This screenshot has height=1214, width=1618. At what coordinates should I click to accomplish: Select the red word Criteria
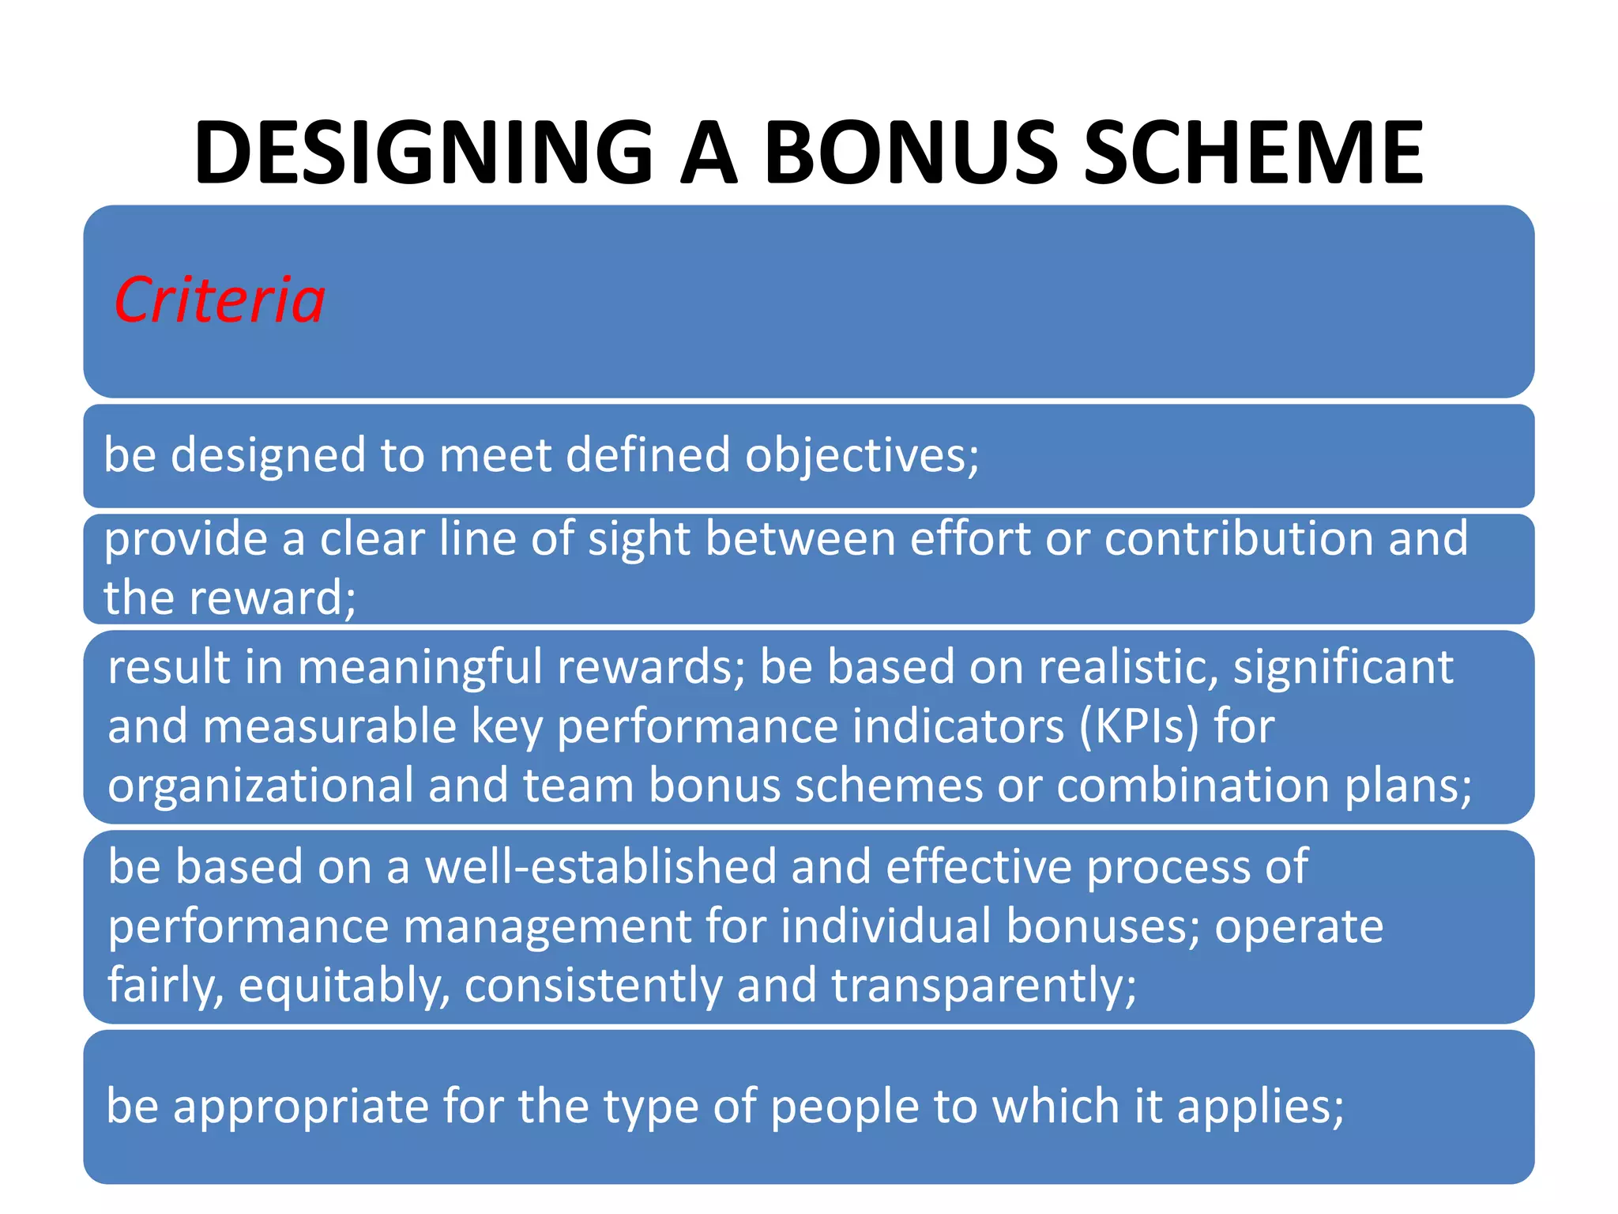click(220, 300)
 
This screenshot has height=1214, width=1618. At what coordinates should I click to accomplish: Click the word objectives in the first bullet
click(861, 456)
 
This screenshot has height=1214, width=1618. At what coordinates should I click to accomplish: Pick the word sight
click(638, 540)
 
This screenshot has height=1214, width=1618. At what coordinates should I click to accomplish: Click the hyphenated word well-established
click(600, 867)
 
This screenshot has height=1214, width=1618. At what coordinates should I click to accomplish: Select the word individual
click(886, 926)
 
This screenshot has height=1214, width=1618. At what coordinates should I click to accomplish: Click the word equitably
click(344, 986)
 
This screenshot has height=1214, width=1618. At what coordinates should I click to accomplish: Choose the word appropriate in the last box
click(300, 1107)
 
